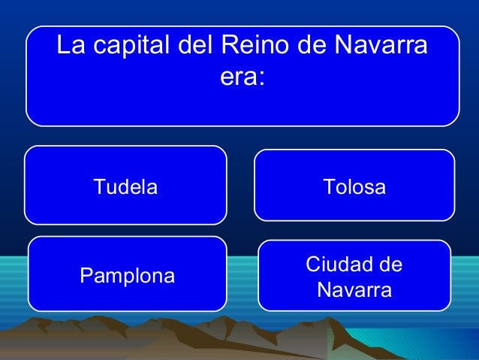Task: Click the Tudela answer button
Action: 125,186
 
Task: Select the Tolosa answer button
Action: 354,185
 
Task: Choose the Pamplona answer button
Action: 127,275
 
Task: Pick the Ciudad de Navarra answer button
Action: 354,276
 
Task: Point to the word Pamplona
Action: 127,276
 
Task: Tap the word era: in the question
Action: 243,77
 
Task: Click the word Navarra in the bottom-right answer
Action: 354,289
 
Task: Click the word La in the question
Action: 70,47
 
